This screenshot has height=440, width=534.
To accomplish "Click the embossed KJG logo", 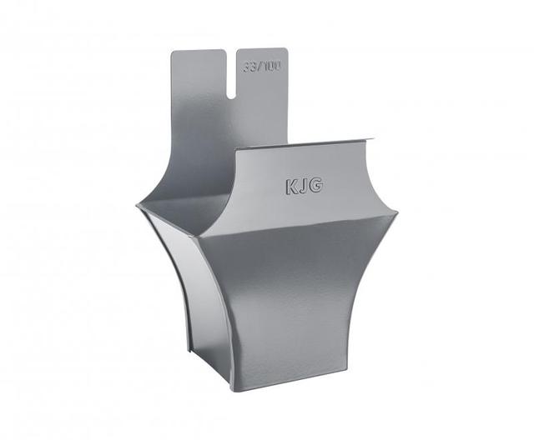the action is [304, 186].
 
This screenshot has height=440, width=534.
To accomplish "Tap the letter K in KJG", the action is [291, 187].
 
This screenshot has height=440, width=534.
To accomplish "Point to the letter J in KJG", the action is [304, 187].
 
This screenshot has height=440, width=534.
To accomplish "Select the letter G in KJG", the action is [316, 185].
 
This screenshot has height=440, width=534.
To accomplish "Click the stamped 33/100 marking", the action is [262, 67].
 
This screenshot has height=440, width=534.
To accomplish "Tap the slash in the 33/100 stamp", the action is [259, 67].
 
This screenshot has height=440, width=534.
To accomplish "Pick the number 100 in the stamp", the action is [273, 66].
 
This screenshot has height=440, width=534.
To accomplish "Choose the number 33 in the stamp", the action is [249, 67].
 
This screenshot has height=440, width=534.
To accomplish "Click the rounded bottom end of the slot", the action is [231, 96].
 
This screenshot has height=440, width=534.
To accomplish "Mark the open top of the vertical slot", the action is [232, 51].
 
